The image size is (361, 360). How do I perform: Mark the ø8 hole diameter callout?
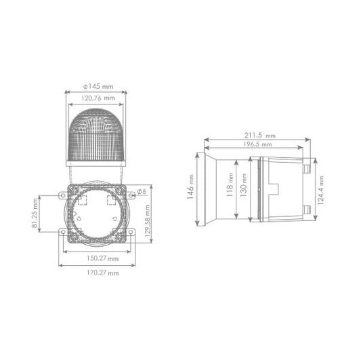click(x=142, y=192)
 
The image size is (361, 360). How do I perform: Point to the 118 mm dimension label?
click(x=230, y=189)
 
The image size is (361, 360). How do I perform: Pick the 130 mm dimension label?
click(x=242, y=189)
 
